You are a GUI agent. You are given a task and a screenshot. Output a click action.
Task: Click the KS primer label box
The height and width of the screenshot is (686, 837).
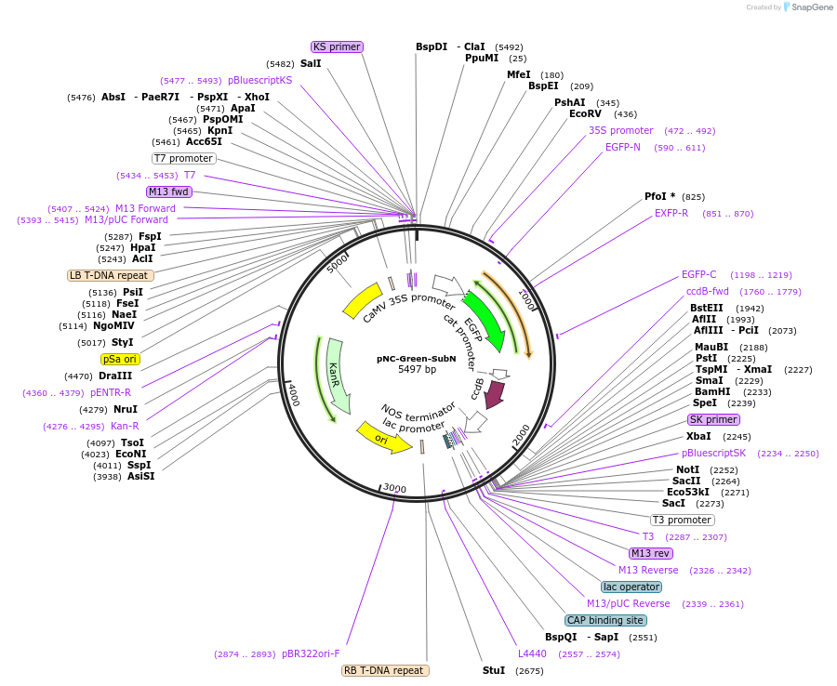pos(337,46)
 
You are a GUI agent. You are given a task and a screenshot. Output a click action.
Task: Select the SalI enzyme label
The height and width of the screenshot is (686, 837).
pos(311,64)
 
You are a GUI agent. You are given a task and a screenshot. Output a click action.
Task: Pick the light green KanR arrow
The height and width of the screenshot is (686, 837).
pos(337,376)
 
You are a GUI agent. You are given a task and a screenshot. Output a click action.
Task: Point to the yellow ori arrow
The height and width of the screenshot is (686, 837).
pos(383,437)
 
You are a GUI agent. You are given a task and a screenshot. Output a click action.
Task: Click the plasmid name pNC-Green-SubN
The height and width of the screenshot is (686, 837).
pos(417,358)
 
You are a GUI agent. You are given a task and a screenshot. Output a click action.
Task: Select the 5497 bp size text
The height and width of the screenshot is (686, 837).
pos(417,370)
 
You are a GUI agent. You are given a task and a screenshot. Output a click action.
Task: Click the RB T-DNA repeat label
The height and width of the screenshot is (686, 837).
pos(385,670)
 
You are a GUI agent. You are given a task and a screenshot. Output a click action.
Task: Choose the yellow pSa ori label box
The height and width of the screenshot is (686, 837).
pos(120,359)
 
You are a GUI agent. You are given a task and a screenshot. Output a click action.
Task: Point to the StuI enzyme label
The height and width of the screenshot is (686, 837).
pos(494,670)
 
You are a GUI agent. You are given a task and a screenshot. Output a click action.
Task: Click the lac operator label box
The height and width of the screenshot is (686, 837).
pos(631,587)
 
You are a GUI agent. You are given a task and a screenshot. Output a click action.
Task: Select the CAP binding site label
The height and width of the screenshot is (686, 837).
pos(605,620)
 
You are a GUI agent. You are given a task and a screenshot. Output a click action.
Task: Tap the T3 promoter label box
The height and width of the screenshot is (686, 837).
pos(682,520)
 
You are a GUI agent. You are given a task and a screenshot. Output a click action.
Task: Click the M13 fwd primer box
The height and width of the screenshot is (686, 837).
pos(169,191)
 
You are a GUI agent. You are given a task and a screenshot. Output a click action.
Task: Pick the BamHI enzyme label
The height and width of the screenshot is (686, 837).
pos(711,392)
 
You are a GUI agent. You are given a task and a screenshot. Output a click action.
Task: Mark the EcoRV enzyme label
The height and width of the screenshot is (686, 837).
pos(586,114)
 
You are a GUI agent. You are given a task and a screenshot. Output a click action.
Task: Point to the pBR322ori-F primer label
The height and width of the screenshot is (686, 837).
pos(312,653)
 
